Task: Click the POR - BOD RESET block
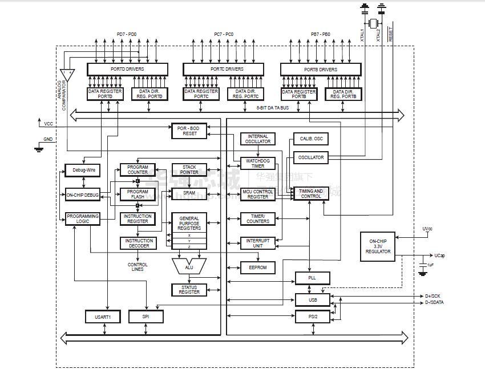(x=188, y=130)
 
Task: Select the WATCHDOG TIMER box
(x=258, y=163)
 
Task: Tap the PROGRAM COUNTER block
(x=137, y=169)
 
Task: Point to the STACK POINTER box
(x=189, y=169)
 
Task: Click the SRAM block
(x=189, y=194)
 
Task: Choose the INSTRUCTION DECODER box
(x=137, y=243)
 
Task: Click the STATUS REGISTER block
(x=189, y=289)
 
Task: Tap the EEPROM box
(x=258, y=267)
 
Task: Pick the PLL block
(x=312, y=278)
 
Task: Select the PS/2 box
(x=312, y=317)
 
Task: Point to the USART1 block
(x=103, y=316)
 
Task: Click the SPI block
(x=145, y=316)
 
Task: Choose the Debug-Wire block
(x=82, y=170)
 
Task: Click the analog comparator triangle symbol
(x=67, y=75)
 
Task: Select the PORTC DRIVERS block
(x=223, y=69)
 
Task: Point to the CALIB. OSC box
(x=310, y=139)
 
